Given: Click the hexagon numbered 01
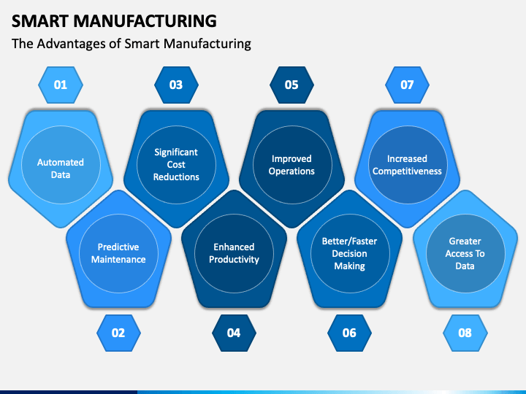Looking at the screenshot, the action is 61,85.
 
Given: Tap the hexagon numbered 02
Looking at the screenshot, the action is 118,333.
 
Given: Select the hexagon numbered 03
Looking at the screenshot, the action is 176,85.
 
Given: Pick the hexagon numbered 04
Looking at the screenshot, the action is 234,333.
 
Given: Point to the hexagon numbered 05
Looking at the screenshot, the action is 291,85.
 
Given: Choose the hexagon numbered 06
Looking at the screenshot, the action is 349,333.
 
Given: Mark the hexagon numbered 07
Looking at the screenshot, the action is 407,85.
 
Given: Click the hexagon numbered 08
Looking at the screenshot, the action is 465,333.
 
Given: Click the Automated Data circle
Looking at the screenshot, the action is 61,165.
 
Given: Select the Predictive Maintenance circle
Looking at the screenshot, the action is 118,253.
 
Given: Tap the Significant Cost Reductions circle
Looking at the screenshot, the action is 176,165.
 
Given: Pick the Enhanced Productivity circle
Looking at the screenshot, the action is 234,253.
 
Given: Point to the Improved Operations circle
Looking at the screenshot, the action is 292,165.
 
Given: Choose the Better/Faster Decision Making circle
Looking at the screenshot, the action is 350,253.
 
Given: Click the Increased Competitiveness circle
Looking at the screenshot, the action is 408,165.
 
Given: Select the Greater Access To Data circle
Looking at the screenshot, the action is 465,253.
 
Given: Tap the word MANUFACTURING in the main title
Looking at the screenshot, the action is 145,21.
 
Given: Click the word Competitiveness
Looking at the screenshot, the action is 407,171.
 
